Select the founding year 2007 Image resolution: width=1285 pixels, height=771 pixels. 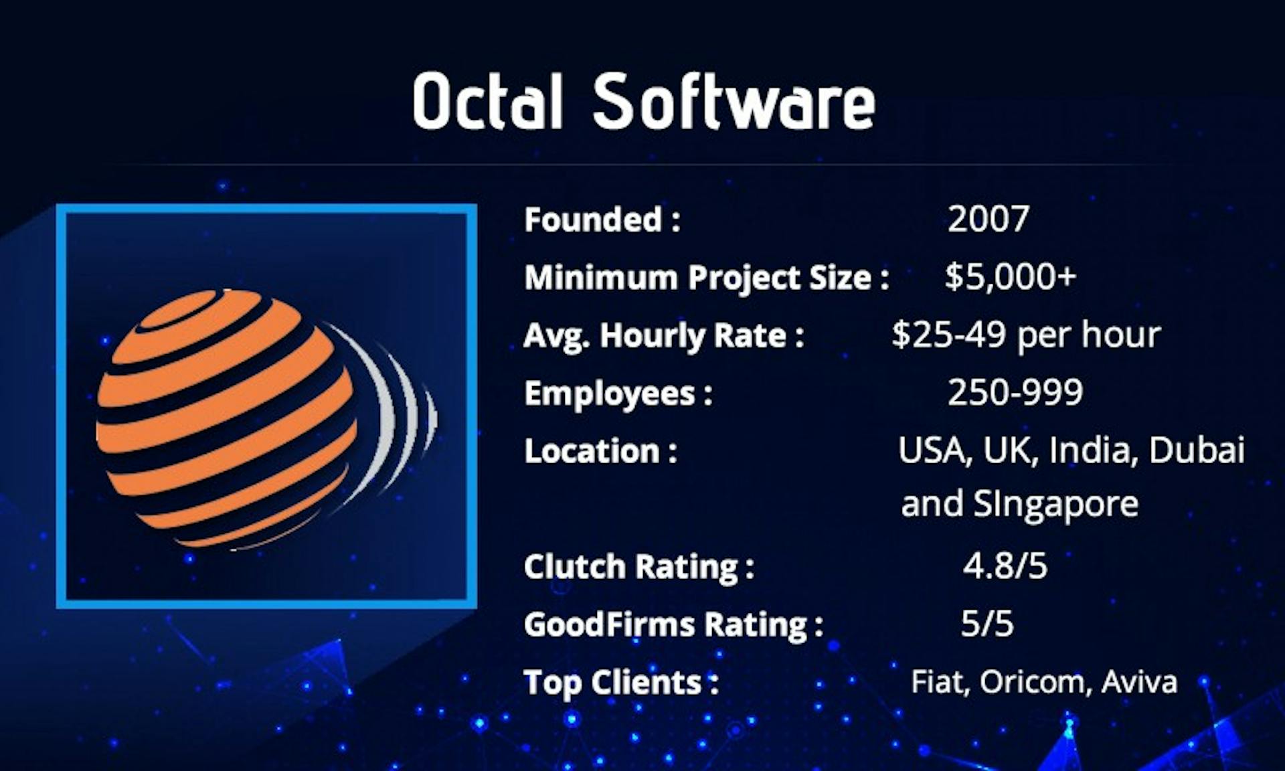(989, 219)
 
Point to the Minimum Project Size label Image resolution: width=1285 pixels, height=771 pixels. (707, 278)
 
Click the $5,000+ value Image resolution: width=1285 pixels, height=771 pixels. (1011, 276)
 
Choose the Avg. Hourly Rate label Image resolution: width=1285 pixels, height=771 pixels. (664, 336)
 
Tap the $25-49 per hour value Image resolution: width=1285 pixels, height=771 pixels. (1027, 335)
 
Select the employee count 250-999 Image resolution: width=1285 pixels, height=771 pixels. (1015, 392)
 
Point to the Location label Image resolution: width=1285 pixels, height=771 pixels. (601, 451)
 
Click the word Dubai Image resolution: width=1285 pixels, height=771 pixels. (1197, 450)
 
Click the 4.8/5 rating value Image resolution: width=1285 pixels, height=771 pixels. (1005, 566)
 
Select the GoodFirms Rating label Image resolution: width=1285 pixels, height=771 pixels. (673, 625)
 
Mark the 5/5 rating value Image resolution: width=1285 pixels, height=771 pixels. (987, 623)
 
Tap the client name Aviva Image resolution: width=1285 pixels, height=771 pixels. (1139, 682)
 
